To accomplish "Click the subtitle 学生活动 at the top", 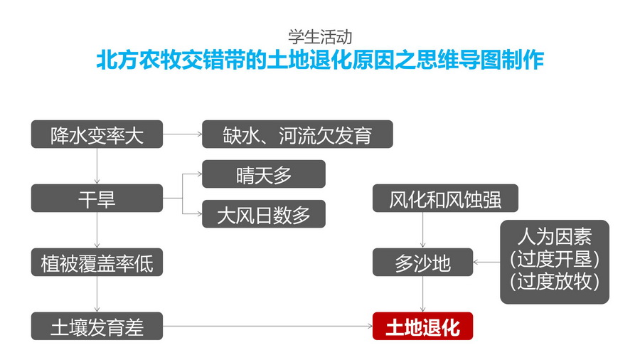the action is coord(320,37).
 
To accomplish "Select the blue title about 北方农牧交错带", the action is coord(321,60).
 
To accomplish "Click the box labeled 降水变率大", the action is coord(97,134).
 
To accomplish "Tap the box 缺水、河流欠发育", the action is coord(297,134).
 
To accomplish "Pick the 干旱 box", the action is coord(97,198).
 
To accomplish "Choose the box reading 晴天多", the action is coord(264,174).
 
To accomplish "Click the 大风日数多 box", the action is coord(264,214).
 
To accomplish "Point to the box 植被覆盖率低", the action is coord(97,262).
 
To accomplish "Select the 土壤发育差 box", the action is coord(97,326).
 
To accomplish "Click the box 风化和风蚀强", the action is coord(445,198).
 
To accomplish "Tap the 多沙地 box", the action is coord(422,262).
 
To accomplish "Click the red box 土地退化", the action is coord(422,326).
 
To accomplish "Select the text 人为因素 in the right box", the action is coord(554,237).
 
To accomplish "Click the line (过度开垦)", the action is coord(554,259).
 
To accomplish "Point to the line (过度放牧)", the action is coord(554,281).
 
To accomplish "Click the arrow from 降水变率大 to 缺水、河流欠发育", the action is coord(183,134).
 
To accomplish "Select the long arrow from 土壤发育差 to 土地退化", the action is coord(268,326).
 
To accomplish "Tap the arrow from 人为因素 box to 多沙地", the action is coord(486,262).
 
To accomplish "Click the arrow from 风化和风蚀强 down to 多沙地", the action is coord(422,230).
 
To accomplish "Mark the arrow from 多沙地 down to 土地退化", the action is coord(422,294).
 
